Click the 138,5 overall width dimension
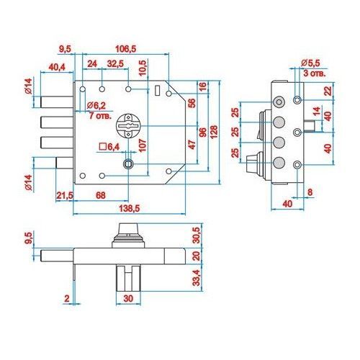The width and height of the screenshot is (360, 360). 129,208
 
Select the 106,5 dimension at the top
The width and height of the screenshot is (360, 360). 126,49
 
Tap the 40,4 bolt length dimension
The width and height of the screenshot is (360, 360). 57,67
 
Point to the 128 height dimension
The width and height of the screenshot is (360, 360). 213,132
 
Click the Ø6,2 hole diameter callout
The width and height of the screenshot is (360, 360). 96,105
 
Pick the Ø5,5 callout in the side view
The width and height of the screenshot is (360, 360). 310,63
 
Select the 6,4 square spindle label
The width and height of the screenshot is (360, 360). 109,147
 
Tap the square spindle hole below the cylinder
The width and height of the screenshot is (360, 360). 128,164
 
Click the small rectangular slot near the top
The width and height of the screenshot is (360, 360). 158,91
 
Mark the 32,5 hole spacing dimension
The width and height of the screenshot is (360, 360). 115,64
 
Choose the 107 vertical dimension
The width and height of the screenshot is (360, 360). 143,145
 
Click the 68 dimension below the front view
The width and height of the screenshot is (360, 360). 101,195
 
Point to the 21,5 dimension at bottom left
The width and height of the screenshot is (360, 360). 65,195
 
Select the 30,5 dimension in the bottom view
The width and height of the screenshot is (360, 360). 197,235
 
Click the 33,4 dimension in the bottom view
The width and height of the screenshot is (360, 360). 197,278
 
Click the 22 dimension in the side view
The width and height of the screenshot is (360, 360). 328,91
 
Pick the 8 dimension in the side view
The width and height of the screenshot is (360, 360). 310,192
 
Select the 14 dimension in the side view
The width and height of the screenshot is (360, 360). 317,112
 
